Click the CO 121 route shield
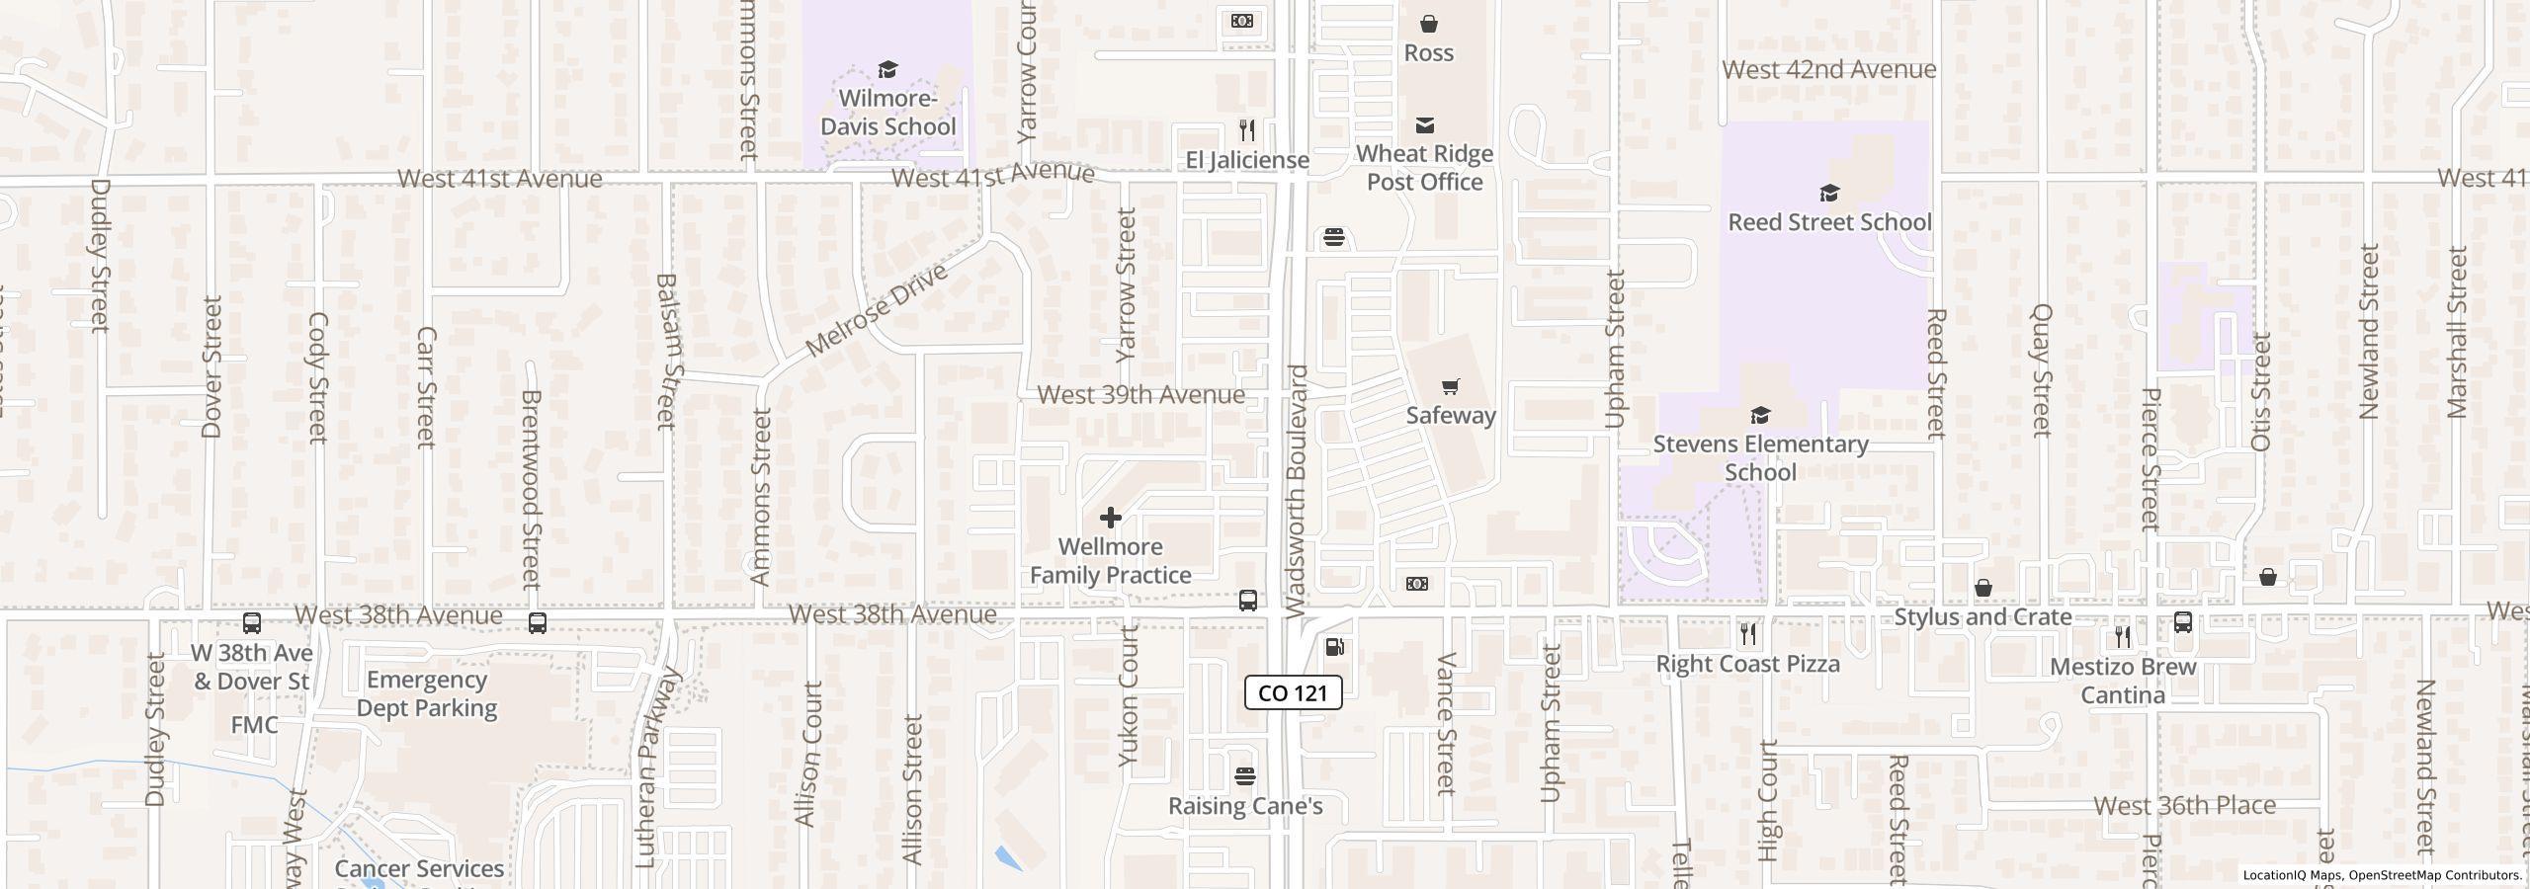(1293, 692)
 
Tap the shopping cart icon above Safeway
(1450, 386)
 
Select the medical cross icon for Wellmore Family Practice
(1110, 518)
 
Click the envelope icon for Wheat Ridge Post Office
(1424, 125)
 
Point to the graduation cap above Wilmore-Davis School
(887, 70)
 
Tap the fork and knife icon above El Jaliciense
(1247, 130)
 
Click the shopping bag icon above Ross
(1428, 24)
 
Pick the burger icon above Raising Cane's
(1245, 776)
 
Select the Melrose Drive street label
(877, 310)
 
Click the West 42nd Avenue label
(1828, 69)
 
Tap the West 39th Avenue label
(1140, 394)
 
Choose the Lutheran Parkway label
(658, 768)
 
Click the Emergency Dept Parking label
(426, 693)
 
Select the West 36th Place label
(2184, 805)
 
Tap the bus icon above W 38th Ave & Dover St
(252, 623)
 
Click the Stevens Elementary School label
(1760, 458)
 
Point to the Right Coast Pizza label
(1747, 664)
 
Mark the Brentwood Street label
(532, 488)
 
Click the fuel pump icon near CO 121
(1334, 647)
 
